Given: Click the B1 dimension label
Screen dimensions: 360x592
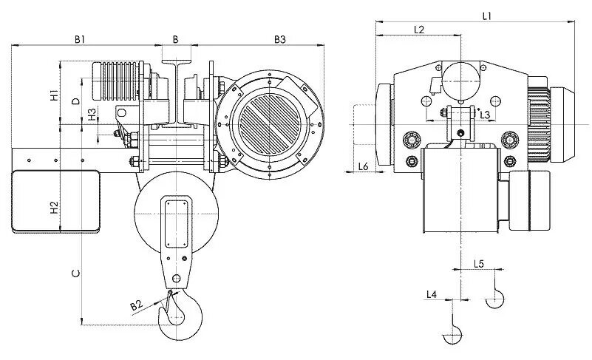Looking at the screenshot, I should click(81, 38).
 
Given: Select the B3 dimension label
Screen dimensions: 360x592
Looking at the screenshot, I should click(279, 38).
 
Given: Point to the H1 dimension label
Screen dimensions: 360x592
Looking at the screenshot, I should click(54, 95).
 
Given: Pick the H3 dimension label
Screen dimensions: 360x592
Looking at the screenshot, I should click(92, 115).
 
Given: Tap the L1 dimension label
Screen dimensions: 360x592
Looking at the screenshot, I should click(487, 15).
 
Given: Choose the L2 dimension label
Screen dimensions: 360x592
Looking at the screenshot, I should click(418, 30).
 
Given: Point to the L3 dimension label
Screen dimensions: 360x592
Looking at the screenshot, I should click(485, 115).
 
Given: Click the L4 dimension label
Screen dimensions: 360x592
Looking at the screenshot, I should click(432, 295).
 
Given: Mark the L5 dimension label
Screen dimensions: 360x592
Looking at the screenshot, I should click(477, 264).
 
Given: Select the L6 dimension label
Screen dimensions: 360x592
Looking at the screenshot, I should click(363, 166).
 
